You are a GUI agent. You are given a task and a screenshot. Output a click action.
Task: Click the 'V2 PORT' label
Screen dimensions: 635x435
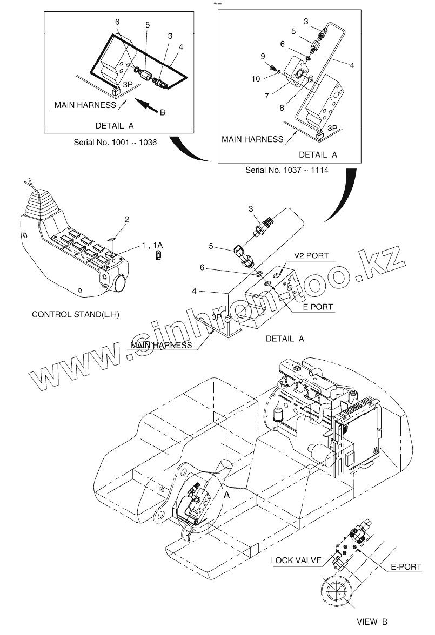coord(311,255)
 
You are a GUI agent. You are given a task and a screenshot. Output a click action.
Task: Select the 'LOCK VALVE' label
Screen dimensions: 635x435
coord(297,560)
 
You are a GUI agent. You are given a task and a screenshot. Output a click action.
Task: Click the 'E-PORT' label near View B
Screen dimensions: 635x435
coord(405,567)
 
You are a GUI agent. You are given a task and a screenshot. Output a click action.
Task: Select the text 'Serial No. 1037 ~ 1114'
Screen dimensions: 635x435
coord(287,170)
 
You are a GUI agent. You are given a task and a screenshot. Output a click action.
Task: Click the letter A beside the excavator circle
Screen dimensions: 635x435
coord(226,494)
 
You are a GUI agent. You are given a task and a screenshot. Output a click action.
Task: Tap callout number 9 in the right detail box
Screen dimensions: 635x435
coord(263,56)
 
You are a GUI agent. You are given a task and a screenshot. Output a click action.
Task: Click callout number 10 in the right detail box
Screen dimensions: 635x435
coord(256,78)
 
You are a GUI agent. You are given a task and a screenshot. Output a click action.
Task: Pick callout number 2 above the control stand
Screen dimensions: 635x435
coord(127,219)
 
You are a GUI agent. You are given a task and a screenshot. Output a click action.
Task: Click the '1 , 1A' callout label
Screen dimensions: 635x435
coord(152,245)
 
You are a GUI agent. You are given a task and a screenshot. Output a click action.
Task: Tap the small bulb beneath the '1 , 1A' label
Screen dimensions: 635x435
coord(159,255)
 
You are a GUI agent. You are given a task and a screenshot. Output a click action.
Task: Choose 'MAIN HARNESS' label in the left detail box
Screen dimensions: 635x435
coord(85,105)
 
